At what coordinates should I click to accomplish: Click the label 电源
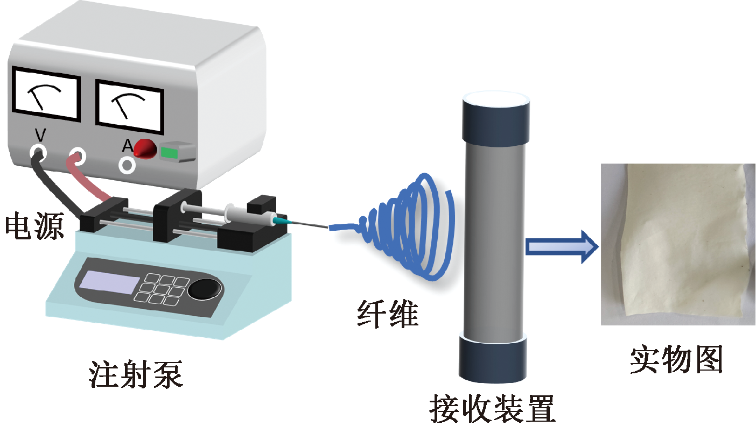[33, 226]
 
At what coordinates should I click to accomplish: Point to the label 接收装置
[492, 409]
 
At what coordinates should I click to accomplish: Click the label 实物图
[676, 359]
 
